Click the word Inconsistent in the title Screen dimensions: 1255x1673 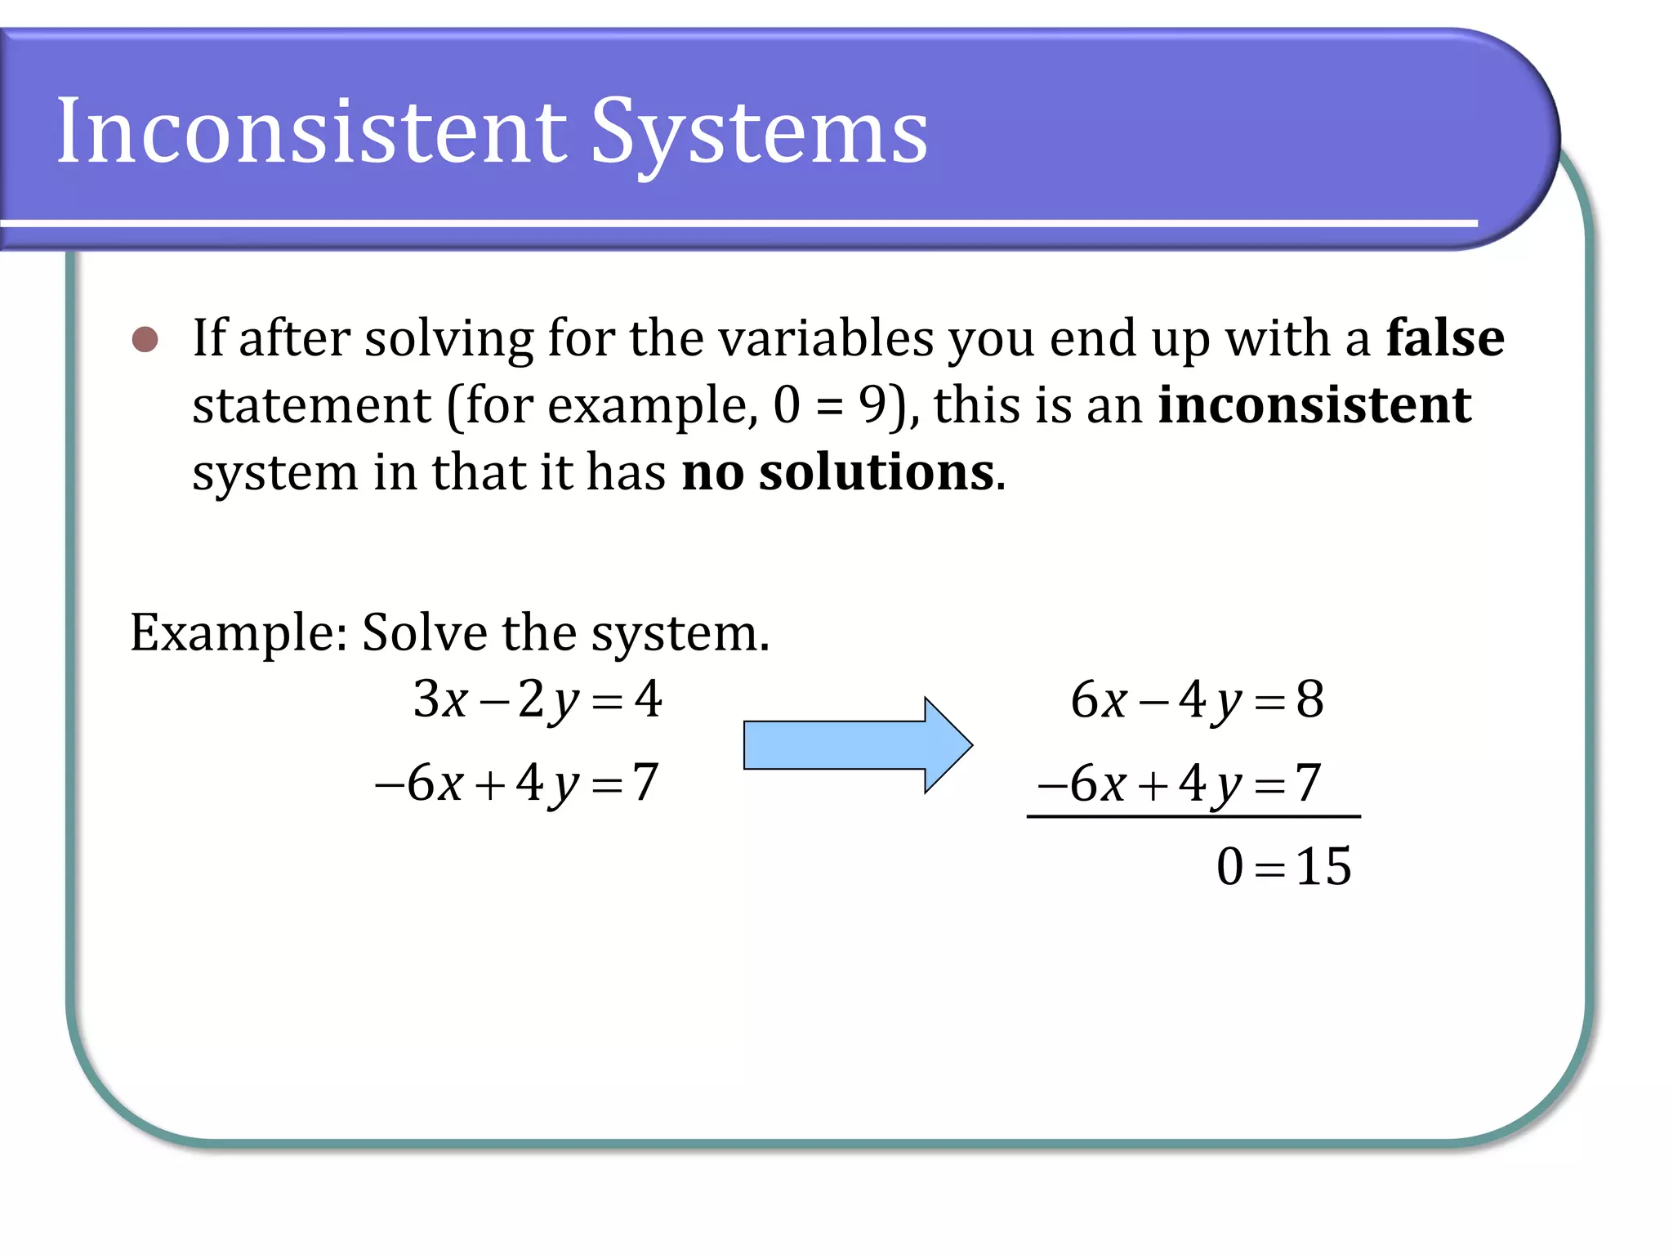pos(310,131)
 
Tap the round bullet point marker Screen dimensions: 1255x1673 pos(145,339)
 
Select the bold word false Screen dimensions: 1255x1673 pos(1444,337)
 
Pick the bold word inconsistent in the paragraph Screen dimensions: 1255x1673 pos(1314,404)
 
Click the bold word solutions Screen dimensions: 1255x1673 pos(877,472)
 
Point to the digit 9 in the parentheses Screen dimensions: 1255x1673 pos(872,404)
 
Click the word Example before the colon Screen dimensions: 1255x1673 pos(233,633)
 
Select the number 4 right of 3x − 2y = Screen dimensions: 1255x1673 pos(649,699)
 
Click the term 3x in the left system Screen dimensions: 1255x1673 pos(440,699)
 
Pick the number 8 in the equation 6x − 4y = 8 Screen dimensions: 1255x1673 pos(1310,699)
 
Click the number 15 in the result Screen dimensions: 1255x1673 pos(1323,866)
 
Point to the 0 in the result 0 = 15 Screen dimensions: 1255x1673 pos(1229,866)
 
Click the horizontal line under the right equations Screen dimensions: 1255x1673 pos(1193,816)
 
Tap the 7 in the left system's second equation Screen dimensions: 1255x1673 pos(645,783)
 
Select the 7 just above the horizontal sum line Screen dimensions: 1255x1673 pos(1308,783)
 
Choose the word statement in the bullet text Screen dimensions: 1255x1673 pos(311,404)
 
